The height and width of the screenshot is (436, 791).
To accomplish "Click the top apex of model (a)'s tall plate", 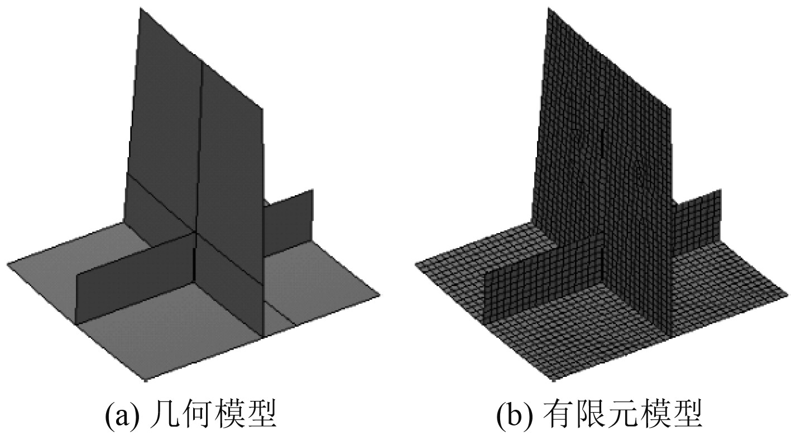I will (x=137, y=8).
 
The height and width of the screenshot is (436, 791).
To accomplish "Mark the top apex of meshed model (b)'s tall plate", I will (x=546, y=8).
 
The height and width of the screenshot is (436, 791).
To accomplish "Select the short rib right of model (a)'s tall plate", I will (x=287, y=220).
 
